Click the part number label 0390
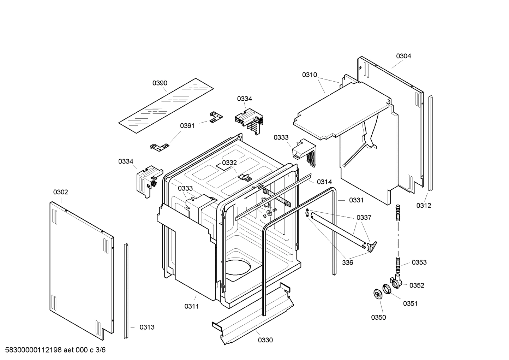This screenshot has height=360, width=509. [160, 83]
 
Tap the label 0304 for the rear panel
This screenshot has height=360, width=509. [403, 56]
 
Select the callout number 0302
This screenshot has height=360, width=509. [60, 192]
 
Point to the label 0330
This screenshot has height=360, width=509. [265, 340]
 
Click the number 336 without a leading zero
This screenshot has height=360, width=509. [347, 262]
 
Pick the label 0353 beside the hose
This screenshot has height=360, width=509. [419, 262]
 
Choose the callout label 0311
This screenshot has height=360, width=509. [191, 306]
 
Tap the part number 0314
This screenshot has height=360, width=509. [324, 182]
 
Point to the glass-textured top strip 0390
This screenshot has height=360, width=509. [166, 106]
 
